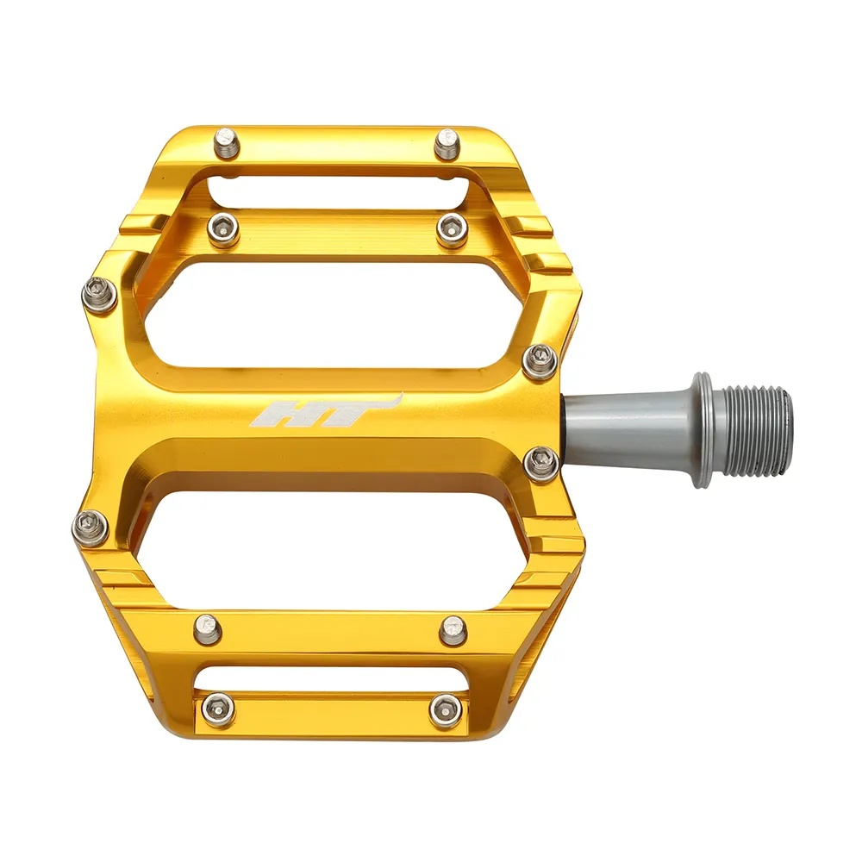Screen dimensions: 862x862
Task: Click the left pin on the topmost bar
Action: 227,142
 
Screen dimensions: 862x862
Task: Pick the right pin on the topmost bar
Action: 447,143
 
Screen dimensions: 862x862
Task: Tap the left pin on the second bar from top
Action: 223,229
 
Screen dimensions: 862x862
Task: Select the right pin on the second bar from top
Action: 452,229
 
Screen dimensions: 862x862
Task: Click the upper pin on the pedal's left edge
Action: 99,296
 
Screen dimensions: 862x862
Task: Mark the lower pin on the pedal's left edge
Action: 91,528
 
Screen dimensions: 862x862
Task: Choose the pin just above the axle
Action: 540,360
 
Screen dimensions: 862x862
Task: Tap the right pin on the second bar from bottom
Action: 453,630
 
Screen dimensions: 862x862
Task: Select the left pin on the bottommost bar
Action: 218,709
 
